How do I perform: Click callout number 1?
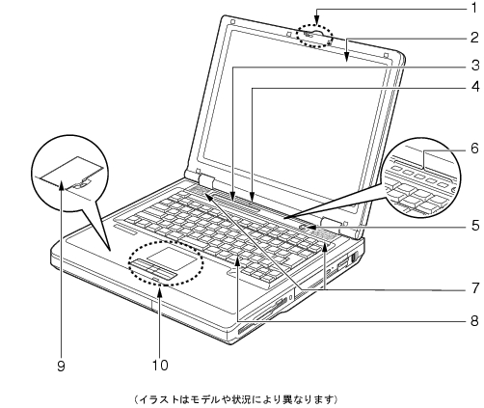(x=474, y=8)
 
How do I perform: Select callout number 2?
(x=474, y=38)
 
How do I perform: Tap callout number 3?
(x=474, y=66)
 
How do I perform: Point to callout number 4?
(x=474, y=87)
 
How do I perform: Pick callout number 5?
(x=475, y=226)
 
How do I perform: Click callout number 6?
(x=474, y=149)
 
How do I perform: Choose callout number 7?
(x=475, y=288)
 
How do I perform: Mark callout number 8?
(x=474, y=320)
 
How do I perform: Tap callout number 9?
(x=61, y=366)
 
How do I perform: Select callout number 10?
(x=160, y=366)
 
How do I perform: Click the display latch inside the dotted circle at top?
(x=314, y=33)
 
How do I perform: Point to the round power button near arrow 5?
(x=304, y=227)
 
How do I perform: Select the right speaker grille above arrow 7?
(x=324, y=236)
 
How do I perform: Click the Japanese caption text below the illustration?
(x=235, y=399)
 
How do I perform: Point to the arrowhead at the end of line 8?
(x=237, y=262)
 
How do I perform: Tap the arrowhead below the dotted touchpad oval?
(x=160, y=291)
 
